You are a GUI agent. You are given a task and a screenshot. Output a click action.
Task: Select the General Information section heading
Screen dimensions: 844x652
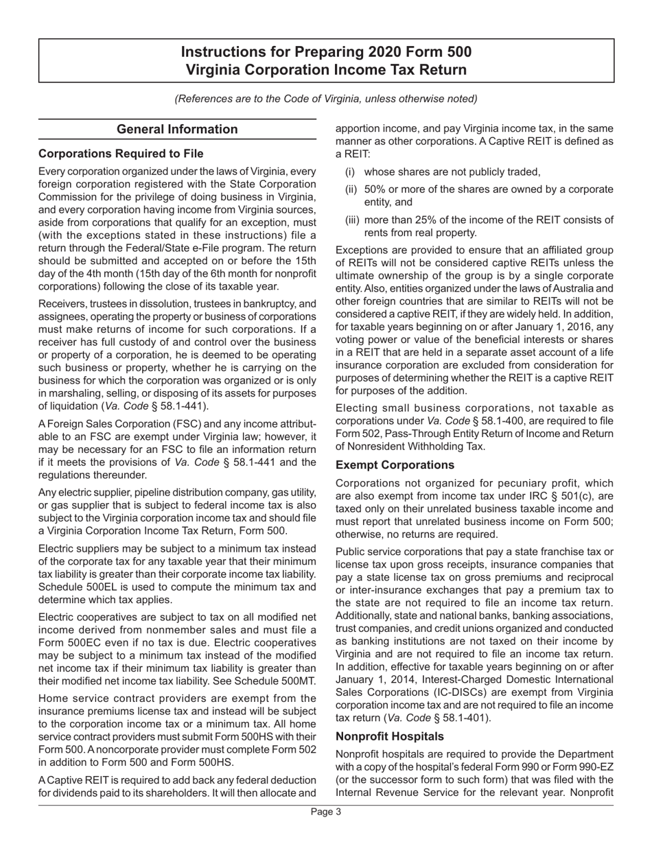pos(177,129)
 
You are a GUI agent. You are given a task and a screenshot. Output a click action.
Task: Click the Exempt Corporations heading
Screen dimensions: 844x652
pos(395,465)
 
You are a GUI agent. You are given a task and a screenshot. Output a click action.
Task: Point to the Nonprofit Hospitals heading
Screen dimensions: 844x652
pos(390,736)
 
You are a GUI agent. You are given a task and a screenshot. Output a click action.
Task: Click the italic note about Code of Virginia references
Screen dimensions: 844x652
pos(325,98)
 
